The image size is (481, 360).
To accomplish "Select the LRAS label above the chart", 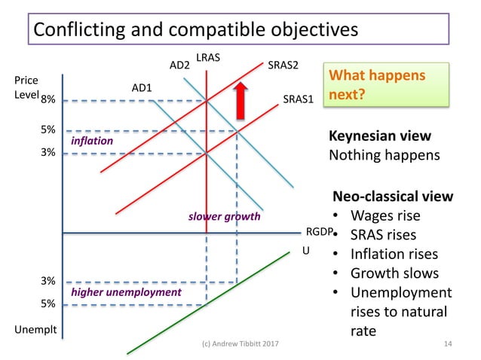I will point(207,57).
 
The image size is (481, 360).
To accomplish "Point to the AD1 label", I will point(142,87).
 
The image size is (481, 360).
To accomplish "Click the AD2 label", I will point(179,65).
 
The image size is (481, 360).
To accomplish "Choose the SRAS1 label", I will point(298,99).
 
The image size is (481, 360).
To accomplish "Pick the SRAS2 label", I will point(283,65).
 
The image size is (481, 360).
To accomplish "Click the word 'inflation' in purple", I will point(91,141).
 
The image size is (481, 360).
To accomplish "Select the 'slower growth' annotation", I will point(224,217).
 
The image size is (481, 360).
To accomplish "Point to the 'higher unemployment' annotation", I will point(126,291).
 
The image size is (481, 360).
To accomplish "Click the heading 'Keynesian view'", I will point(380,136).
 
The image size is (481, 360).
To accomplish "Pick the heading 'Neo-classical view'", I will point(393,197).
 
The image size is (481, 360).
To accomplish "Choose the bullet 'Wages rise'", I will point(385,216).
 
